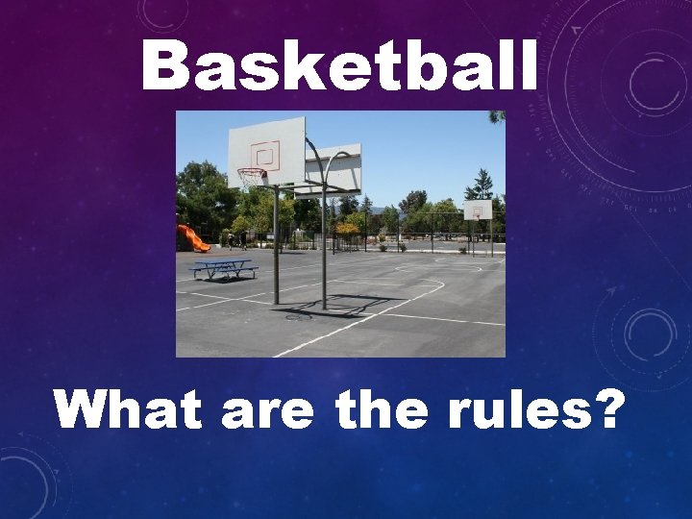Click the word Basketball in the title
pyautogui.click(x=339, y=67)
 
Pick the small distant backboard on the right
pyautogui.click(x=478, y=210)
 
